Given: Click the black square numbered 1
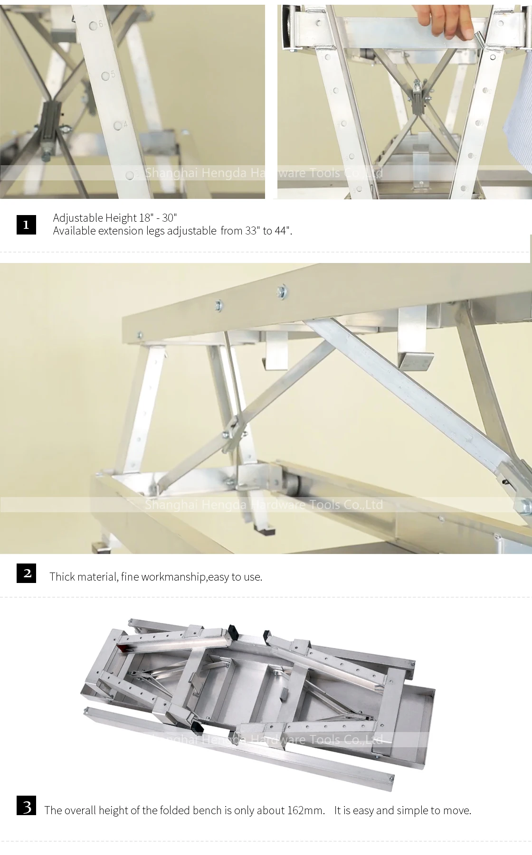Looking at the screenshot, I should pos(26,224).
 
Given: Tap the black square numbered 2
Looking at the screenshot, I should pos(26,573).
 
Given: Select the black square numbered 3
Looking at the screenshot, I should pos(26,807).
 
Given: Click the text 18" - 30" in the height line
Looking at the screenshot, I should pos(158,218).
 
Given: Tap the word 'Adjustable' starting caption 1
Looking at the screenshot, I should pos(76,218).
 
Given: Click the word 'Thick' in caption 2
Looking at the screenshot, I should pos(62,577).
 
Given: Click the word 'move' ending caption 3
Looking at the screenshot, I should pos(458,810).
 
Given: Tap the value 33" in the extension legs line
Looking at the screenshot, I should pos(250,231).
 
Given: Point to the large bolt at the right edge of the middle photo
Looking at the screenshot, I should pos(525,507).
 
